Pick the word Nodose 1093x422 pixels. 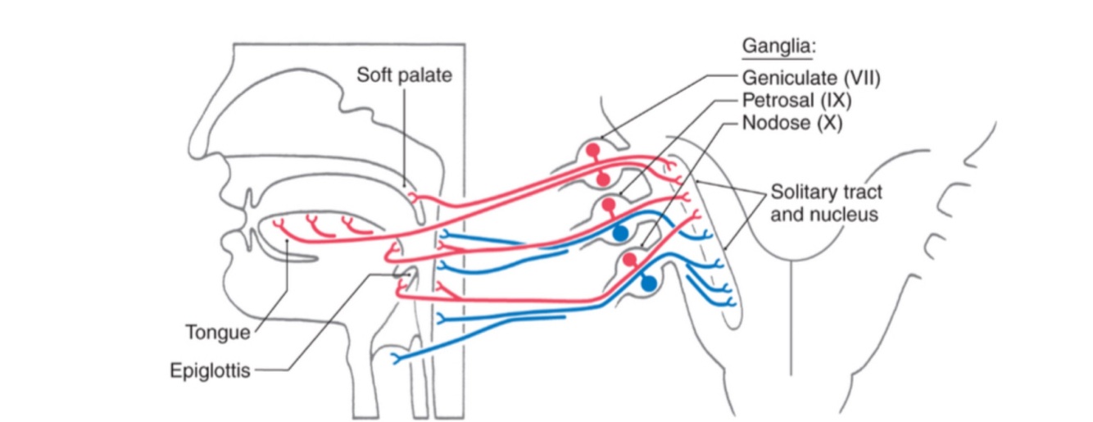[x=770, y=125]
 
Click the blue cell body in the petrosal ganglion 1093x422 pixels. [x=621, y=232]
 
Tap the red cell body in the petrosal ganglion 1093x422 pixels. [x=608, y=204]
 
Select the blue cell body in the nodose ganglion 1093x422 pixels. [x=649, y=284]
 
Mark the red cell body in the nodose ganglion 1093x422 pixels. [x=629, y=261]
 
